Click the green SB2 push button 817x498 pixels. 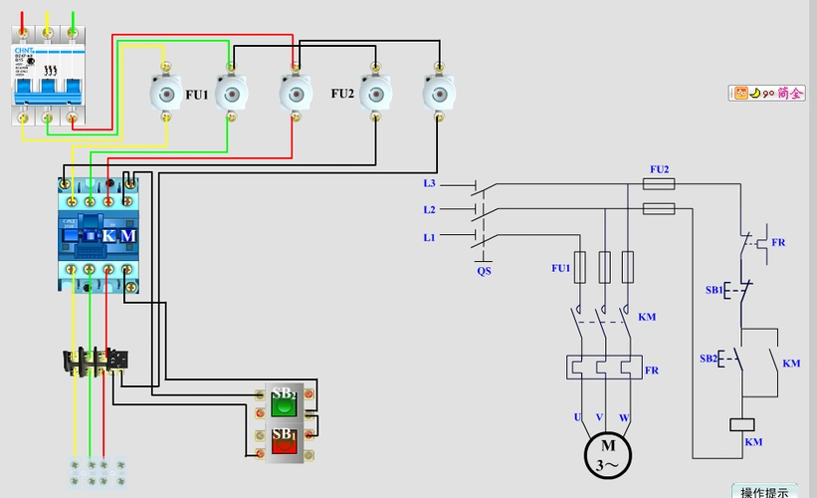[x=285, y=405]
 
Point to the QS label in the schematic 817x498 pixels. [x=484, y=270]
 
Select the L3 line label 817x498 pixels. [x=429, y=183]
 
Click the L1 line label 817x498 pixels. [x=429, y=236]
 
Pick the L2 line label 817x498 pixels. [x=429, y=209]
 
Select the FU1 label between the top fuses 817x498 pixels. [x=197, y=95]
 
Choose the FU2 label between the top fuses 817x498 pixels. [x=342, y=94]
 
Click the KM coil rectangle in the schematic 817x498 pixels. [x=741, y=423]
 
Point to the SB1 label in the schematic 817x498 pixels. [x=714, y=290]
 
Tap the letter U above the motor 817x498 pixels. [x=576, y=415]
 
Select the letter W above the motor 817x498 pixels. [x=625, y=415]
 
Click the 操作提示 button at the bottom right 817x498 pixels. [x=764, y=491]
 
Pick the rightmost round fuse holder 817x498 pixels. [x=438, y=95]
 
